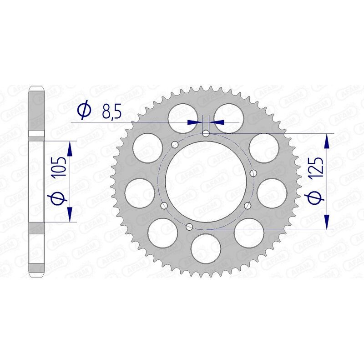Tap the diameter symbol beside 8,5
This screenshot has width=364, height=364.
[x=84, y=111]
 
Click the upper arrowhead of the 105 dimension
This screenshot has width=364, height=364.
[x=70, y=148]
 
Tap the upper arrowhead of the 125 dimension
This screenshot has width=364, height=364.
[x=327, y=142]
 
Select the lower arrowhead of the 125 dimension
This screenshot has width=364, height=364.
[x=327, y=222]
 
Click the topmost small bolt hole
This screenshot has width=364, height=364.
[x=206, y=133]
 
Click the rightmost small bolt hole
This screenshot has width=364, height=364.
[x=254, y=173]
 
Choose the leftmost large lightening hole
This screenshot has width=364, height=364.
[x=139, y=192]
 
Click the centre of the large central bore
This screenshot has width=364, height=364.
[x=205, y=181]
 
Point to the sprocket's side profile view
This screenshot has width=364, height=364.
[x=37, y=181]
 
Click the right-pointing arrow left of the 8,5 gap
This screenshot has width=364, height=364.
[x=193, y=121]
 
